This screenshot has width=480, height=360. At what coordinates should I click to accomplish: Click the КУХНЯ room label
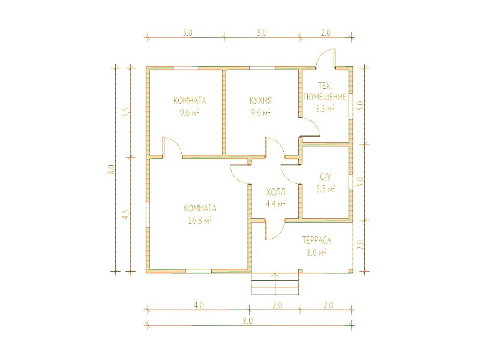click(x=261, y=100)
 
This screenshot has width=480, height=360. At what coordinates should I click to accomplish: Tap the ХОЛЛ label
click(x=275, y=192)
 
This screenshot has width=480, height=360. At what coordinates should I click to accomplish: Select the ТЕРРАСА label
click(x=317, y=241)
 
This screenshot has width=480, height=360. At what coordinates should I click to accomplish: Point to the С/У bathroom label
click(x=325, y=177)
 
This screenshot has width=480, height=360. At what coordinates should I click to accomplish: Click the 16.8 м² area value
click(x=200, y=220)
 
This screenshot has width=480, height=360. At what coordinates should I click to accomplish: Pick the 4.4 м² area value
click(x=275, y=203)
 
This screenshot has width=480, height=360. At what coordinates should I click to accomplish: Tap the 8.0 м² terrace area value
click(x=316, y=253)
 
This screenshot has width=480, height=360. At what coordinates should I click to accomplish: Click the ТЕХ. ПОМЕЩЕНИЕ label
click(x=325, y=91)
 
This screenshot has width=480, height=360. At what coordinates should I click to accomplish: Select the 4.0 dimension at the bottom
click(x=199, y=305)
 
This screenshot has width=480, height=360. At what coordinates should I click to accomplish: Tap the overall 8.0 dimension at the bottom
click(x=248, y=321)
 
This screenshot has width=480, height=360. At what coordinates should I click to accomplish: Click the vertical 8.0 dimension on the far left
click(x=112, y=169)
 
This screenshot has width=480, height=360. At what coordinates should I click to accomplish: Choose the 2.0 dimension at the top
click(x=326, y=32)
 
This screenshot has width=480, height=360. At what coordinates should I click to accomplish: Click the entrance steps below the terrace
click(x=275, y=284)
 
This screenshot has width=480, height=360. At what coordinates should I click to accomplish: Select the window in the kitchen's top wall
click(x=262, y=68)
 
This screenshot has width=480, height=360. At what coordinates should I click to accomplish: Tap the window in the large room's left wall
click(x=148, y=214)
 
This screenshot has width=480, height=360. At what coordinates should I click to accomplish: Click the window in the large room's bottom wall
click(x=199, y=271)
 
